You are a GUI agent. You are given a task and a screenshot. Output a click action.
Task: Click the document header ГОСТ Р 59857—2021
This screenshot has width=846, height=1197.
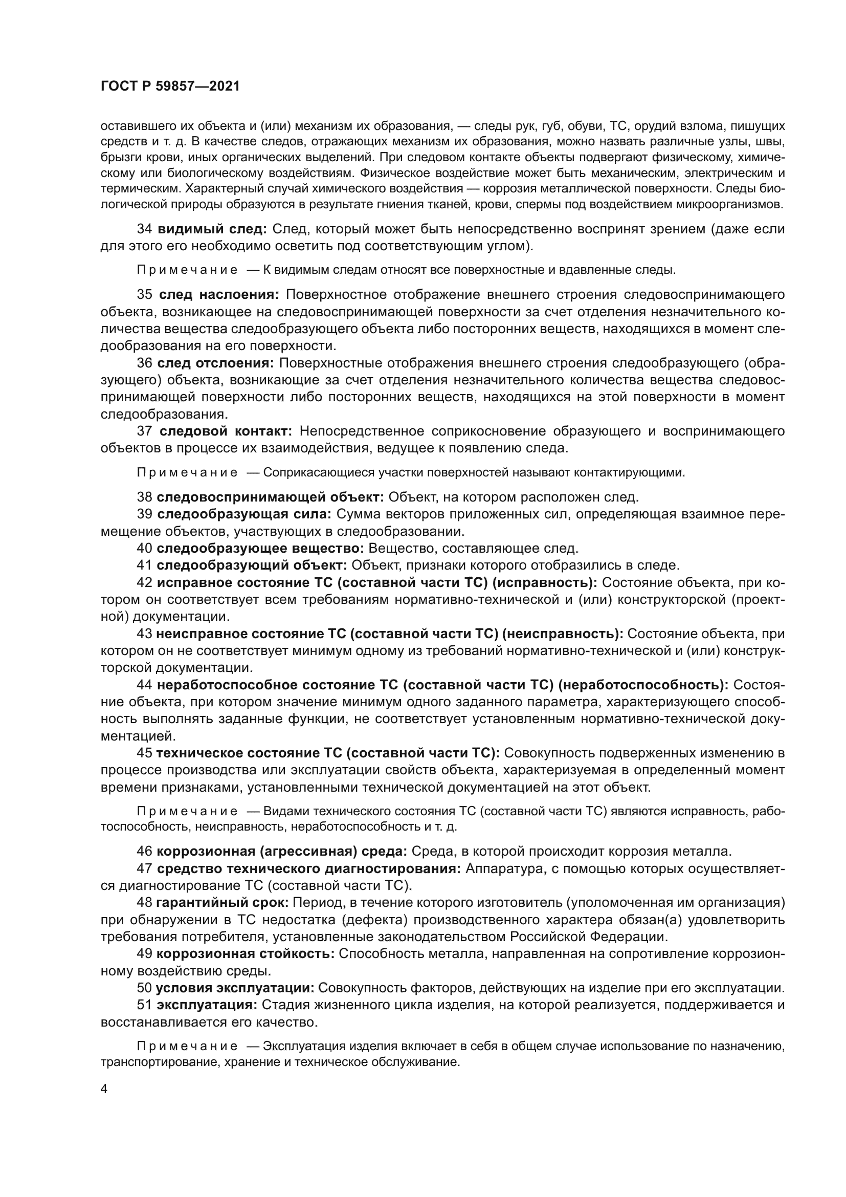[x=170, y=86]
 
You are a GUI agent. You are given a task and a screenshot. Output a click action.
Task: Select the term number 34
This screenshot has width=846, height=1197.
[x=144, y=229]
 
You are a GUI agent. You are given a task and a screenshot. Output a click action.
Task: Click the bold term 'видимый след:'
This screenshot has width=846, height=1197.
[x=212, y=229]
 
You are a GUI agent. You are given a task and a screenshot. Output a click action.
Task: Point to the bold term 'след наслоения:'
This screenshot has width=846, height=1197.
[x=219, y=295]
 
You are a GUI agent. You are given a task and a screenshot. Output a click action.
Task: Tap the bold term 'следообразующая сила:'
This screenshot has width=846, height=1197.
[x=244, y=514]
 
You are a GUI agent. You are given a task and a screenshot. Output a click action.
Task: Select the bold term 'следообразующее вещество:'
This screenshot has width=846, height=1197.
[x=260, y=548]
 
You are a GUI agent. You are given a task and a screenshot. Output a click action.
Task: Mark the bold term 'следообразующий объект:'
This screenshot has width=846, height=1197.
[x=252, y=565]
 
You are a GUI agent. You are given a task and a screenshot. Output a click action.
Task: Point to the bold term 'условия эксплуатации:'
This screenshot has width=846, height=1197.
[x=235, y=988]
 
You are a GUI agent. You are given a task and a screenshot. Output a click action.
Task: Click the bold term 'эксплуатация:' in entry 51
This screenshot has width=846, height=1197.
[x=207, y=1005]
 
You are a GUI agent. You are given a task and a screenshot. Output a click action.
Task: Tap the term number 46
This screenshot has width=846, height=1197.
[x=144, y=852]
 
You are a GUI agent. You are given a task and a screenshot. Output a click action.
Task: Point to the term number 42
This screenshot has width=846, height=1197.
[x=144, y=582]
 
